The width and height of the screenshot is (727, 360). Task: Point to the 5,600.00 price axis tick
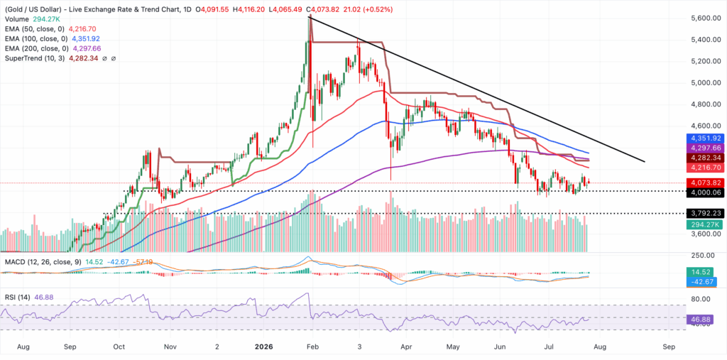[701, 18]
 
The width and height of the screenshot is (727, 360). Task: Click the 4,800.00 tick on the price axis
[701, 104]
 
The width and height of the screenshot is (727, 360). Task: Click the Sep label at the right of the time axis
[668, 347]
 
